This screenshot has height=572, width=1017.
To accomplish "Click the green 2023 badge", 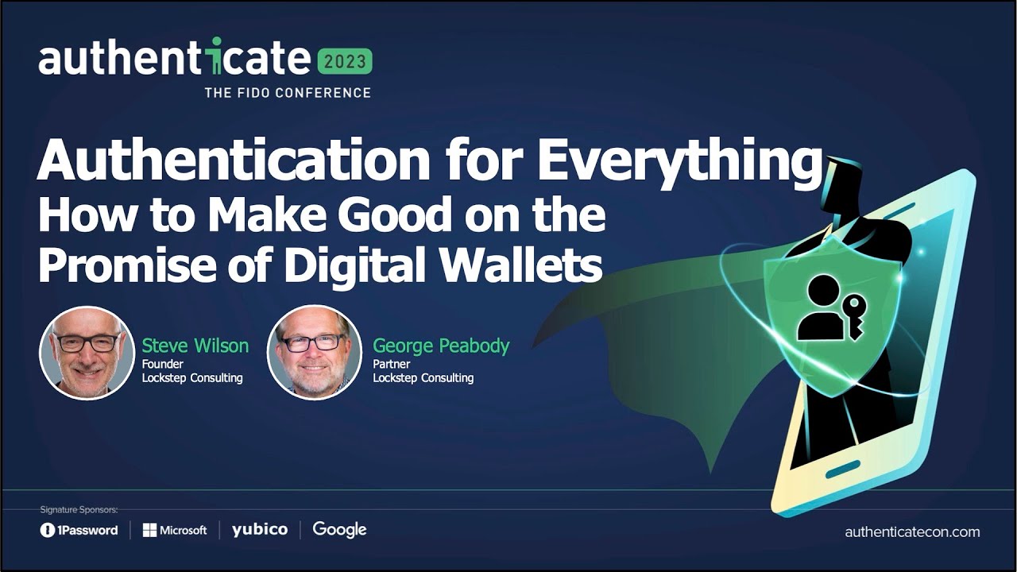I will coord(344,61).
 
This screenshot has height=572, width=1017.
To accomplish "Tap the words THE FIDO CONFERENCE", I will coord(288,92).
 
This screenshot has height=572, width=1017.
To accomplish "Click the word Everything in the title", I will coord(679,161).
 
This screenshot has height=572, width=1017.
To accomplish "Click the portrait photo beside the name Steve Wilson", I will coord(87,352).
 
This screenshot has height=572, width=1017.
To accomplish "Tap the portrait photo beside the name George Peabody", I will coord(315,352).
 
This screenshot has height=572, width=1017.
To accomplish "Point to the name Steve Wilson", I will coord(195,346).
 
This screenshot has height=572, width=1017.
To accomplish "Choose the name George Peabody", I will coord(441,346).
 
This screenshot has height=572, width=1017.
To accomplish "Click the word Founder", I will coord(162,364).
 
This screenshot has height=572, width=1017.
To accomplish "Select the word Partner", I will coord(391,364).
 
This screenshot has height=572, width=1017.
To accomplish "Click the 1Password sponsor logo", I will coord(79,530).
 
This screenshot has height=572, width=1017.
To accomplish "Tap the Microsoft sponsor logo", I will coord(175,530).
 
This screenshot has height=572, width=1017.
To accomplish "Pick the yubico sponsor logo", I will coord(260,529).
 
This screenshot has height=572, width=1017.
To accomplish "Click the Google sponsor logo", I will coord(339,529).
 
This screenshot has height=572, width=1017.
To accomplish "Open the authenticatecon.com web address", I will coord(912,532).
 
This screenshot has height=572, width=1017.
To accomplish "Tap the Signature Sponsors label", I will coord(79,509).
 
